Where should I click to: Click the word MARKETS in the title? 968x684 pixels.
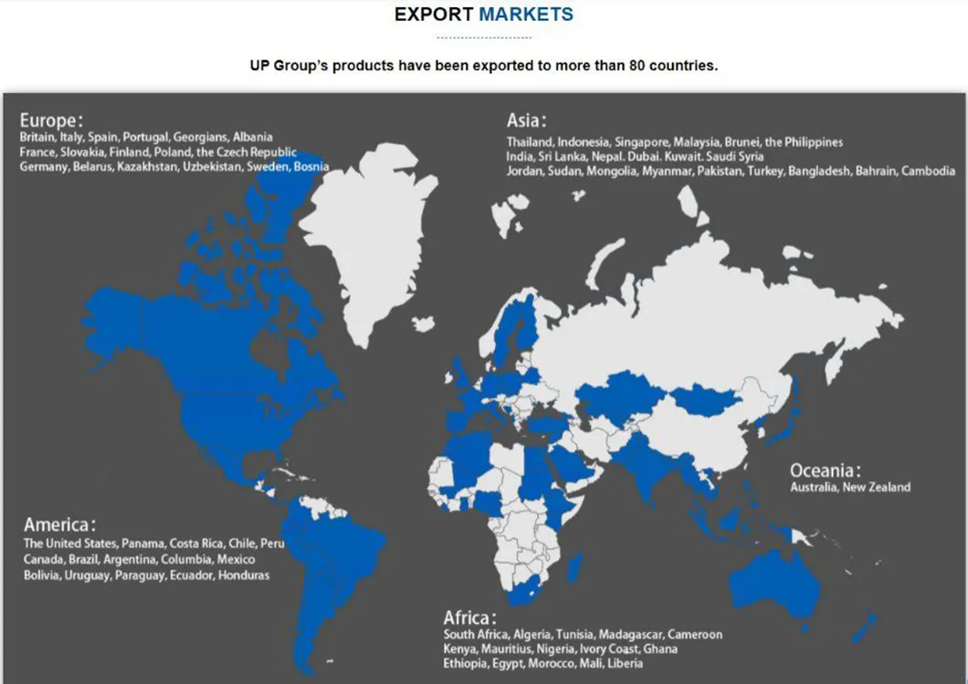click(526, 15)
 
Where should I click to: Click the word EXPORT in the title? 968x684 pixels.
click(434, 15)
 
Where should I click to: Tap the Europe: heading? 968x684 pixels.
click(51, 121)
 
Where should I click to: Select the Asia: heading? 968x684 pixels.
click(527, 121)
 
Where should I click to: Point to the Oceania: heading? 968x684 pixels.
click(826, 470)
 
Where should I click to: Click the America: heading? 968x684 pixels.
click(59, 525)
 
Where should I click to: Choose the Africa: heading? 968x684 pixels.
click(471, 617)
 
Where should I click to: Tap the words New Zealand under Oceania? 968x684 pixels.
click(877, 488)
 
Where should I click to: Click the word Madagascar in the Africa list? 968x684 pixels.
click(631, 635)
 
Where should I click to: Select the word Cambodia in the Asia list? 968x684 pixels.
click(929, 171)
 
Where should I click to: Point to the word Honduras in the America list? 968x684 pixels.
click(244, 575)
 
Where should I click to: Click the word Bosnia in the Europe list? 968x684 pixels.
click(310, 167)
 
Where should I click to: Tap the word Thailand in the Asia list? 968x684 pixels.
click(530, 142)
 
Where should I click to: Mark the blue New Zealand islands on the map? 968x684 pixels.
click(863, 628)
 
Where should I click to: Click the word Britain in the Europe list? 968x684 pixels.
click(37, 137)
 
